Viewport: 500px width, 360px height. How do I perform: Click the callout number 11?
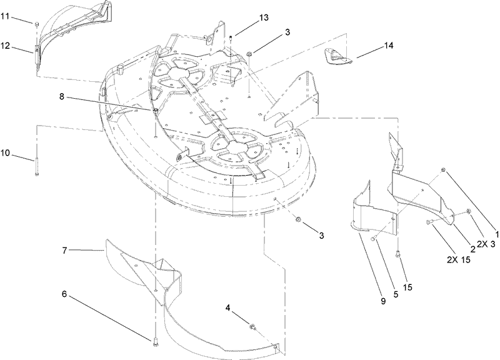click(5, 16)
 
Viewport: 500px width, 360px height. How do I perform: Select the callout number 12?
click(6, 46)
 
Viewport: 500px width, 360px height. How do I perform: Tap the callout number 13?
click(264, 18)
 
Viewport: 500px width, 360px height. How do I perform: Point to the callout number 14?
click(388, 46)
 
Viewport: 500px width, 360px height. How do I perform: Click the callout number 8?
click(62, 96)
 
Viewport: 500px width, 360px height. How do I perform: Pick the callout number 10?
click(6, 152)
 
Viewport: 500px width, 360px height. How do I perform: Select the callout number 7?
click(64, 251)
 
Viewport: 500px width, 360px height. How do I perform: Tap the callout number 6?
click(64, 294)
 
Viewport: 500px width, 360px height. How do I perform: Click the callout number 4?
click(227, 307)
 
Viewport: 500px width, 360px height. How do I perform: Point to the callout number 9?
click(383, 301)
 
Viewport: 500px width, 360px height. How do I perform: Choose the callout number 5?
click(396, 294)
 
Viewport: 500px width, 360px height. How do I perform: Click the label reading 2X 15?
click(459, 260)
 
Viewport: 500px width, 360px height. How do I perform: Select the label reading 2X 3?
click(486, 244)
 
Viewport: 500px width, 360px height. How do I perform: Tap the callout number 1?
click(496, 232)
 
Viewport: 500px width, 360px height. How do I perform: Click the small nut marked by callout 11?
click(37, 24)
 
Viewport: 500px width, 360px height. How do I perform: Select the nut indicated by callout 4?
click(252, 326)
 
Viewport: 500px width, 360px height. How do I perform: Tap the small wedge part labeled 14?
click(338, 56)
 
